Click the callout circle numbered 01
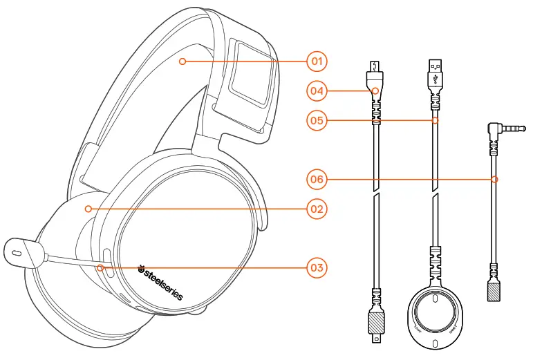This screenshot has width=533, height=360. click(317, 61)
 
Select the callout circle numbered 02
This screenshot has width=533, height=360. click(317, 208)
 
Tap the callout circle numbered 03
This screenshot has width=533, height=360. click(317, 267)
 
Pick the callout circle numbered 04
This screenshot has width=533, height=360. click(317, 90)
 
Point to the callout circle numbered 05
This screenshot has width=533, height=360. click(317, 120)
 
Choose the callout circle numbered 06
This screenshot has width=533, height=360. click(317, 179)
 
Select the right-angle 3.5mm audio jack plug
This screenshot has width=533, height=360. click(498, 129)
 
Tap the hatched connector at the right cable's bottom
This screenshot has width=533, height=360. click(494, 291)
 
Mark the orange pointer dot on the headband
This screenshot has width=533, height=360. click(182, 61)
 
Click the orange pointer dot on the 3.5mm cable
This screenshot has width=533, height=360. click(494, 179)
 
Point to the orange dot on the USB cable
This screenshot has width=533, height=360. click(435, 120)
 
